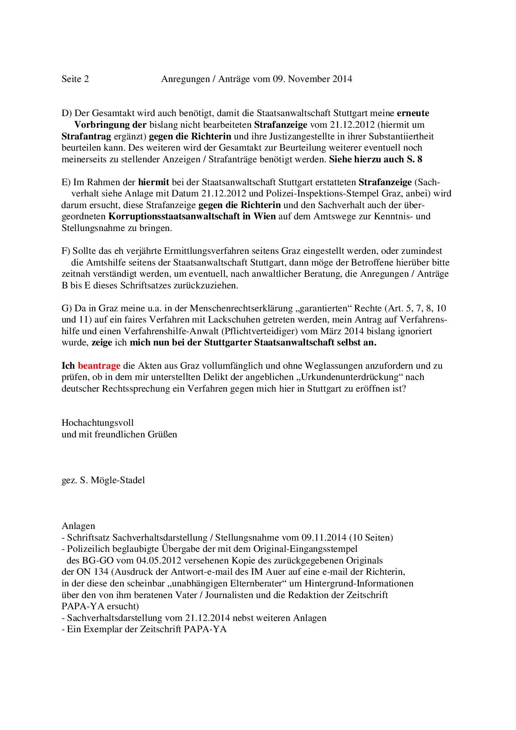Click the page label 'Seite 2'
click(75, 79)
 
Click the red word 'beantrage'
click(99, 366)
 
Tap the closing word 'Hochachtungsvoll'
click(98, 423)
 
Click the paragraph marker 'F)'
click(66, 251)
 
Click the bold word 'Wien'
click(265, 216)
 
